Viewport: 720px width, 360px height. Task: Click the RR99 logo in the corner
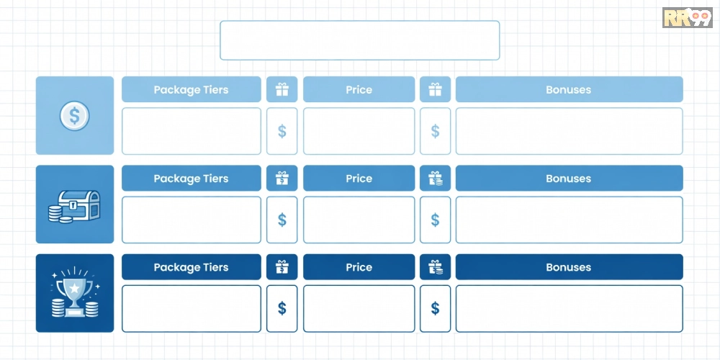coord(687,17)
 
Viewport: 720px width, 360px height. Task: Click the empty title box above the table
coord(359,40)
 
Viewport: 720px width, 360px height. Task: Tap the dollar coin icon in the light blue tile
coord(74,116)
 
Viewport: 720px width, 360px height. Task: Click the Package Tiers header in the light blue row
coord(191,89)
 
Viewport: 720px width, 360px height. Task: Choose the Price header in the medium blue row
coord(359,179)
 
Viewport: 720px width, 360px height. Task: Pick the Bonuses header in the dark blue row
coord(569,267)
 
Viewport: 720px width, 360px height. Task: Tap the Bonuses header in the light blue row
coord(569,89)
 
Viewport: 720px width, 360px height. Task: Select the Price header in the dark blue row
coord(359,267)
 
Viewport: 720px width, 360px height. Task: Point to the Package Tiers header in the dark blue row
coord(191,267)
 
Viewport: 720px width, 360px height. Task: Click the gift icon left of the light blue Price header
coord(282,89)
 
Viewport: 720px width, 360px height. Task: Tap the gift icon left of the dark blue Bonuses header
coord(435,267)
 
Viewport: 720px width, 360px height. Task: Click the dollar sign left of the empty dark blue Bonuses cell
coord(435,309)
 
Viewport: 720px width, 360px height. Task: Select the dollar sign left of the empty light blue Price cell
coord(282,131)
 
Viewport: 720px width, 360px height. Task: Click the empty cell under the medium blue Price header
coord(359,220)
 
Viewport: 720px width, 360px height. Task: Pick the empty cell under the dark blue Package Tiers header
coord(191,309)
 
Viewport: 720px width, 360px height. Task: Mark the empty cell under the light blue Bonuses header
coord(569,131)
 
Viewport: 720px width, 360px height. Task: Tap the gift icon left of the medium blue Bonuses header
coord(435,179)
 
